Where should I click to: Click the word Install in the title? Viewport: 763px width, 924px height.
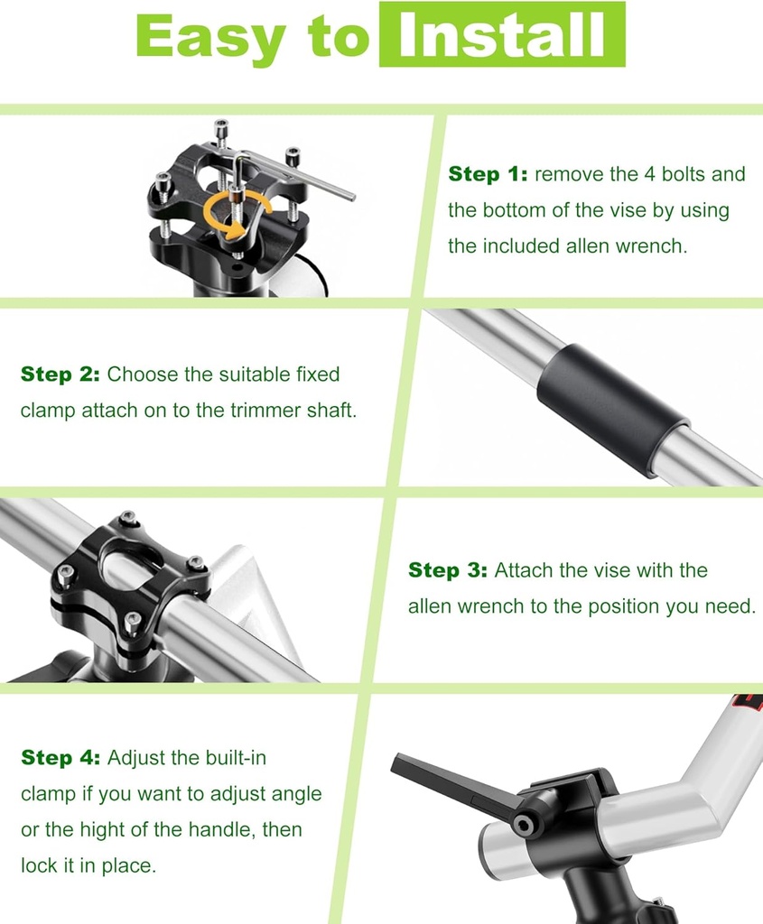point(501,36)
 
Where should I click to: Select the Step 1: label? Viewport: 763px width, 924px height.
point(488,174)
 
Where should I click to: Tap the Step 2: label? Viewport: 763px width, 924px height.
point(60,374)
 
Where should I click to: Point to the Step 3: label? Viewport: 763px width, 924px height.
point(447,570)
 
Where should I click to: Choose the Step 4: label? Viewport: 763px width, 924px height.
point(60,758)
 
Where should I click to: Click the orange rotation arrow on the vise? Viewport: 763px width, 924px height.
point(224,214)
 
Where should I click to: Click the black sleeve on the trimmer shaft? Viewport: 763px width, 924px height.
point(611,407)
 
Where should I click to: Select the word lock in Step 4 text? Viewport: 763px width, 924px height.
point(37,866)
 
